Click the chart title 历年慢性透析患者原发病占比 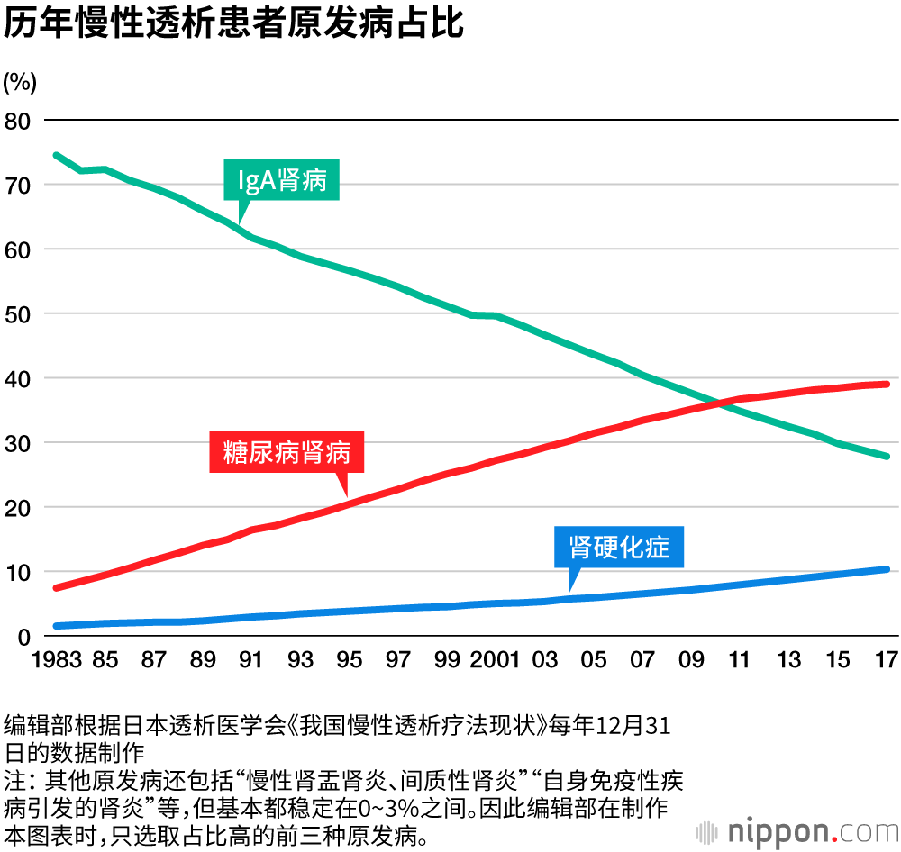pyautogui.click(x=233, y=24)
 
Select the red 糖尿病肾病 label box pyautogui.click(x=287, y=452)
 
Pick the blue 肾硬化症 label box pyautogui.click(x=619, y=546)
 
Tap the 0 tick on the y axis pyautogui.click(x=24, y=637)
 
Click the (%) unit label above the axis pyautogui.click(x=20, y=83)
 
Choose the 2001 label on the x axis pyautogui.click(x=496, y=660)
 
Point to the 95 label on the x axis pyautogui.click(x=349, y=660)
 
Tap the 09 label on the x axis pyautogui.click(x=691, y=660)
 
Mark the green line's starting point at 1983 pyautogui.click(x=56, y=155)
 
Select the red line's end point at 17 pyautogui.click(x=887, y=384)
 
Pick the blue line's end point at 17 pyautogui.click(x=887, y=569)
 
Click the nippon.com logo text pyautogui.click(x=803, y=829)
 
